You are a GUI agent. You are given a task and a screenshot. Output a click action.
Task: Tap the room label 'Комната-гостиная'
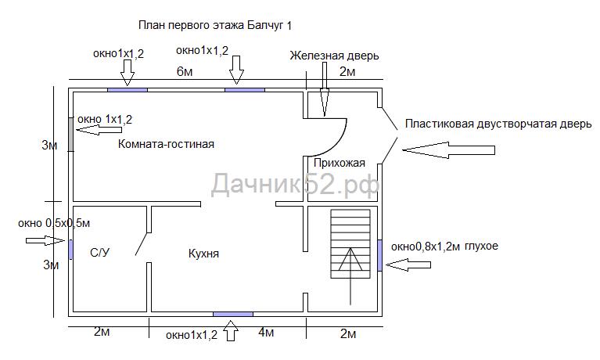click(x=166, y=144)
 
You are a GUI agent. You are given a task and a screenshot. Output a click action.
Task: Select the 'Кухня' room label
click(x=203, y=254)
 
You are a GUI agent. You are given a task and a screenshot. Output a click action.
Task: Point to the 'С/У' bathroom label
click(x=99, y=252)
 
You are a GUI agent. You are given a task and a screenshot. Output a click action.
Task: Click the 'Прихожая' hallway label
click(x=339, y=163)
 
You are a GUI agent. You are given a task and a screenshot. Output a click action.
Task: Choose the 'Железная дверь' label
click(x=334, y=56)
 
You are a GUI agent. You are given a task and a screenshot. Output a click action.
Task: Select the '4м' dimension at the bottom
click(x=266, y=333)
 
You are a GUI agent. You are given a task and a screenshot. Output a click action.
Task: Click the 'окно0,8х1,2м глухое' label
click(x=444, y=246)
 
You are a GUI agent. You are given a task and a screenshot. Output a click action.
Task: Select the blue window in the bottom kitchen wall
click(x=233, y=314)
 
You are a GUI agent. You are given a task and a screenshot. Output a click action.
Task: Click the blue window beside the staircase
click(x=380, y=254)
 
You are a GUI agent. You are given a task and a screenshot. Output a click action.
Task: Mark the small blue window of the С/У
click(x=70, y=249)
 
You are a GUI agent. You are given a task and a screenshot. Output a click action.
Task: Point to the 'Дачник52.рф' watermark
click(x=296, y=185)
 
